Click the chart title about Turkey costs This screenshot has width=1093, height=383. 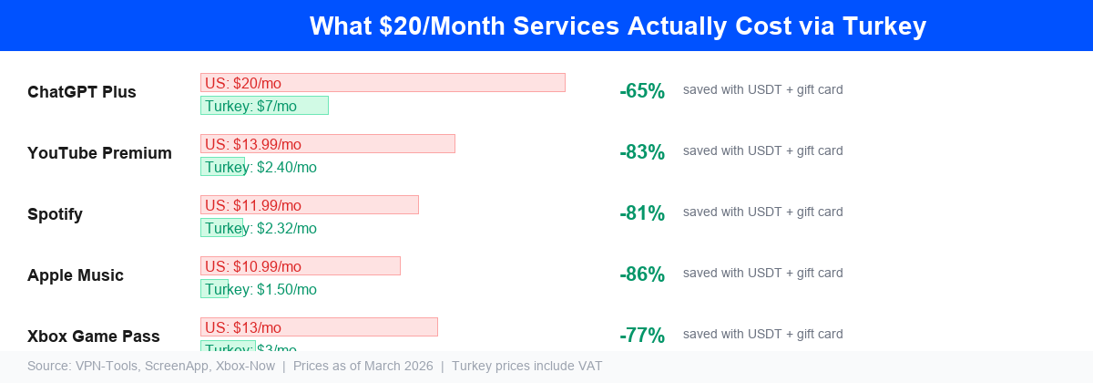pyautogui.click(x=618, y=26)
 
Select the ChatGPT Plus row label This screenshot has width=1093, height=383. pyautogui.click(x=82, y=92)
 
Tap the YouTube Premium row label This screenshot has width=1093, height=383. pyautogui.click(x=99, y=153)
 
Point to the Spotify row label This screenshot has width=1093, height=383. pyautogui.click(x=55, y=214)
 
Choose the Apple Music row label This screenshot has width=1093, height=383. pyautogui.click(x=76, y=275)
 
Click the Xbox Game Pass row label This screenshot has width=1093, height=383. pyautogui.click(x=94, y=336)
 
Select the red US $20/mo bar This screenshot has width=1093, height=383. pyautogui.click(x=383, y=83)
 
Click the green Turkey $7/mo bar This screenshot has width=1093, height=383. pyautogui.click(x=264, y=106)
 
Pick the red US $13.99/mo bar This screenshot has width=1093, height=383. pyautogui.click(x=327, y=144)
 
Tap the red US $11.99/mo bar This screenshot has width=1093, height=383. pyautogui.click(x=309, y=205)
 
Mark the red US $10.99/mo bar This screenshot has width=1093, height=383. pyautogui.click(x=300, y=266)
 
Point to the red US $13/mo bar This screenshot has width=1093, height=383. pyautogui.click(x=319, y=327)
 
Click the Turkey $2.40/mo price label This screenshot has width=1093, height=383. pyautogui.click(x=260, y=168)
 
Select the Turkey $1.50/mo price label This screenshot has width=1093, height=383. pyautogui.click(x=260, y=290)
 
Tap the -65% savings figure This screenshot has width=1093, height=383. pyautogui.click(x=642, y=91)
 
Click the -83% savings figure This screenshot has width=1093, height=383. pyautogui.click(x=642, y=152)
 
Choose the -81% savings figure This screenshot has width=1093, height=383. pyautogui.click(x=642, y=213)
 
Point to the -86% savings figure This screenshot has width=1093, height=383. pyautogui.click(x=642, y=274)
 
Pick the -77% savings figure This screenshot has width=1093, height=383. pyautogui.click(x=642, y=336)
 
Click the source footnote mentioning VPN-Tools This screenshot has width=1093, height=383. pyautogui.click(x=314, y=367)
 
